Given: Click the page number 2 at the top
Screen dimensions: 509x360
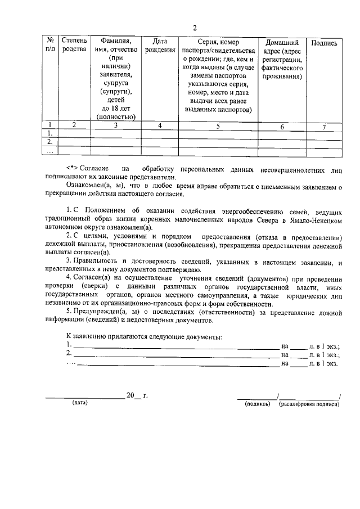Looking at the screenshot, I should [x=194, y=28].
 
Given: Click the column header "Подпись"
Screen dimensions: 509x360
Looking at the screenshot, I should [x=324, y=43].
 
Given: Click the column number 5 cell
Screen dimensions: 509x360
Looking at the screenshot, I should [x=218, y=126].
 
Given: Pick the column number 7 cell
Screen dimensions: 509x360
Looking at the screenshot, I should [x=324, y=127].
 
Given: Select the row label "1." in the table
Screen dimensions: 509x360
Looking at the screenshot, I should [x=51, y=134].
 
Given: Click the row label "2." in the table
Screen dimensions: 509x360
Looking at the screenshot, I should [x=51, y=143].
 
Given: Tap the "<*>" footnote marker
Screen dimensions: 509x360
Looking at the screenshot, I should [x=72, y=168].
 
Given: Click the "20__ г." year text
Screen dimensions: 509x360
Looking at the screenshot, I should [x=137, y=396].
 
